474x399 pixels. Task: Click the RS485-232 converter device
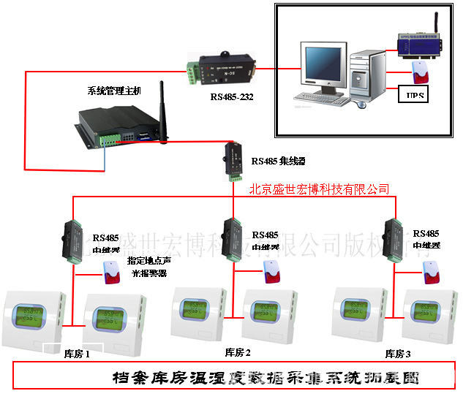[222, 70]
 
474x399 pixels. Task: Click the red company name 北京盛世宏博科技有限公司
[319, 189]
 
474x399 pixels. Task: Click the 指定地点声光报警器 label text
[148, 267]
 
